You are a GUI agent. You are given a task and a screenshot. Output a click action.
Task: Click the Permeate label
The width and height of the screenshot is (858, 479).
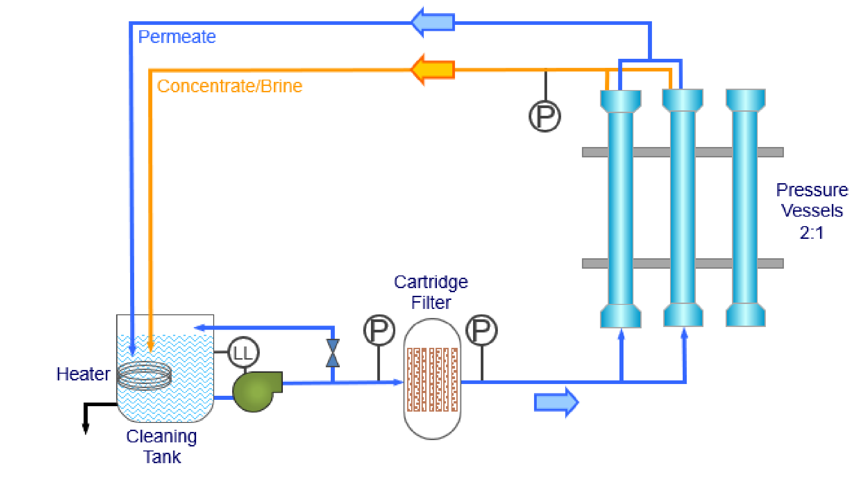click(177, 37)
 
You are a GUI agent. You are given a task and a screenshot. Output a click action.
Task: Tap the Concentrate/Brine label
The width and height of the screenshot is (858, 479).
click(230, 86)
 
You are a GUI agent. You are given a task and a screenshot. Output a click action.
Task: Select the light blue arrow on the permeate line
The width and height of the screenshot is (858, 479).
click(432, 22)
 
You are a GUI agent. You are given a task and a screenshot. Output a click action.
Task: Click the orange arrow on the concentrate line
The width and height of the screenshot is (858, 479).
click(432, 70)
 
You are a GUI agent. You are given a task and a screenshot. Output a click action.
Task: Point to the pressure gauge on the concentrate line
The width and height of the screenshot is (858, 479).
click(544, 117)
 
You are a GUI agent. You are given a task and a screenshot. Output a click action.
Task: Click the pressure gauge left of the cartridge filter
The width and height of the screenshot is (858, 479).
click(379, 330)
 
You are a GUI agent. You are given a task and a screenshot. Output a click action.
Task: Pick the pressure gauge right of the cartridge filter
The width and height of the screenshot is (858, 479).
click(481, 330)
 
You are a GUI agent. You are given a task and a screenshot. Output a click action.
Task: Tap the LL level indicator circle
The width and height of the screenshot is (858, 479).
click(244, 353)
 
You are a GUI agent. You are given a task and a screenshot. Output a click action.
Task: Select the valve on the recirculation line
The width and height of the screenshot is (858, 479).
click(333, 353)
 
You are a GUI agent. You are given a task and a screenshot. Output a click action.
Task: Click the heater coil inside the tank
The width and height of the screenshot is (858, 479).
click(145, 375)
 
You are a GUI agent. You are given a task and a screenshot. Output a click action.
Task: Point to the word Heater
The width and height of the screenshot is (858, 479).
click(83, 374)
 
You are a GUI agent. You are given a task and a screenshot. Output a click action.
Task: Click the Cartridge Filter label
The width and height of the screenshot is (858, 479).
click(431, 292)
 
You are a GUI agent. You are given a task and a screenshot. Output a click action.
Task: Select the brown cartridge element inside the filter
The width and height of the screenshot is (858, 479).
click(432, 379)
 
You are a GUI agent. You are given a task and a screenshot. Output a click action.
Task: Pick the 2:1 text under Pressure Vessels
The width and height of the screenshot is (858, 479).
click(811, 232)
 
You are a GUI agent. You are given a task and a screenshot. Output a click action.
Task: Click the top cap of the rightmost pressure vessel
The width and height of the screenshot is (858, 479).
click(745, 100)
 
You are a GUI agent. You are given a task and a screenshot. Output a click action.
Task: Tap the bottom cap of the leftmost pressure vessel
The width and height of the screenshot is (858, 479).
click(621, 315)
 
